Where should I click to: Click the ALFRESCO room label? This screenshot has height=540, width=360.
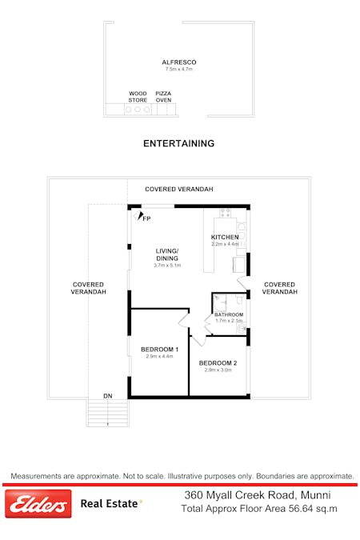coord(178,62)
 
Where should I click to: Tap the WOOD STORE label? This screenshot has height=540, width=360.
coord(138,97)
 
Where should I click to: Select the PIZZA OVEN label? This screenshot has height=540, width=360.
coord(163,97)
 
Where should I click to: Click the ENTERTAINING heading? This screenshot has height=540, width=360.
coord(178,144)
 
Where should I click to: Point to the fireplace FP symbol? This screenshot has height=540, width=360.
coord(140,216)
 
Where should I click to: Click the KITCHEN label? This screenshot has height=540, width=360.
coord(225,237)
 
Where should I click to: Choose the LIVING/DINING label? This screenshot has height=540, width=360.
coord(167,255)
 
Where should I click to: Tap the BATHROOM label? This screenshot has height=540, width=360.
coord(229,314)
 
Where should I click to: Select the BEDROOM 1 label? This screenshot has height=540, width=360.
coord(159,350)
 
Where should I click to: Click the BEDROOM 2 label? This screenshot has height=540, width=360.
coord(218,363)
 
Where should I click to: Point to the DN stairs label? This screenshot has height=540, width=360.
coord(108,396)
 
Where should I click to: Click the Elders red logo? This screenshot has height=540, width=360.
coord(38,504)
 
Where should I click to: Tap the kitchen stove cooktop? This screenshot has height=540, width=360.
coord(226,213)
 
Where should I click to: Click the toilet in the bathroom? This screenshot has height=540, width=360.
coord(240,299)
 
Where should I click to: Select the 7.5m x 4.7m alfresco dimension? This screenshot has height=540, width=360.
coord(178,70)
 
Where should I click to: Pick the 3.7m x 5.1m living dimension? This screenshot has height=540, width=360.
coord(167,266)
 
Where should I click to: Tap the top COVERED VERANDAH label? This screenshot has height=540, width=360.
coord(178,189)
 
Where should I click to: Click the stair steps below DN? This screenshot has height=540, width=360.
coord(108,413)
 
